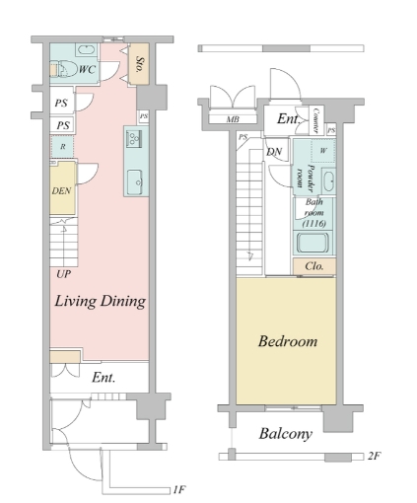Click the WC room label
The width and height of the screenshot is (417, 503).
click(87, 69)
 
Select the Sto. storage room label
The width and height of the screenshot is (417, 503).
click(139, 65)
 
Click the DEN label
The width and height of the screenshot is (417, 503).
click(61, 190)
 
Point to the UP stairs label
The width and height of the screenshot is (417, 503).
click(63, 274)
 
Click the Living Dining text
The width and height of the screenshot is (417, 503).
click(101, 301)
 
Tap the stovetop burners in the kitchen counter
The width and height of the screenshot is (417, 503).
click(134, 138)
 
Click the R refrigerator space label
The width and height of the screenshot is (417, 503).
click(63, 147)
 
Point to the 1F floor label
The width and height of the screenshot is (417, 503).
click(179, 490)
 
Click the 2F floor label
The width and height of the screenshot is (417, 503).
click(375, 456)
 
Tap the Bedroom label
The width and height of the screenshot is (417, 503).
click(288, 341)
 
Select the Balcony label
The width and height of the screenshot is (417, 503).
click(285, 434)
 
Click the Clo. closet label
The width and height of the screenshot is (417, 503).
click(313, 266)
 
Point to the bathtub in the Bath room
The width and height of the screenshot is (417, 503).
click(313, 243)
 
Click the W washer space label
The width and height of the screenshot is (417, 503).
click(323, 151)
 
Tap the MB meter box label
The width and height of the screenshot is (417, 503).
click(233, 119)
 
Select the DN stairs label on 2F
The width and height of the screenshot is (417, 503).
click(274, 152)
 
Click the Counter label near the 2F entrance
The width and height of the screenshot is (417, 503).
click(315, 120)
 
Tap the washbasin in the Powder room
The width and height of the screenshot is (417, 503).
click(328, 181)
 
